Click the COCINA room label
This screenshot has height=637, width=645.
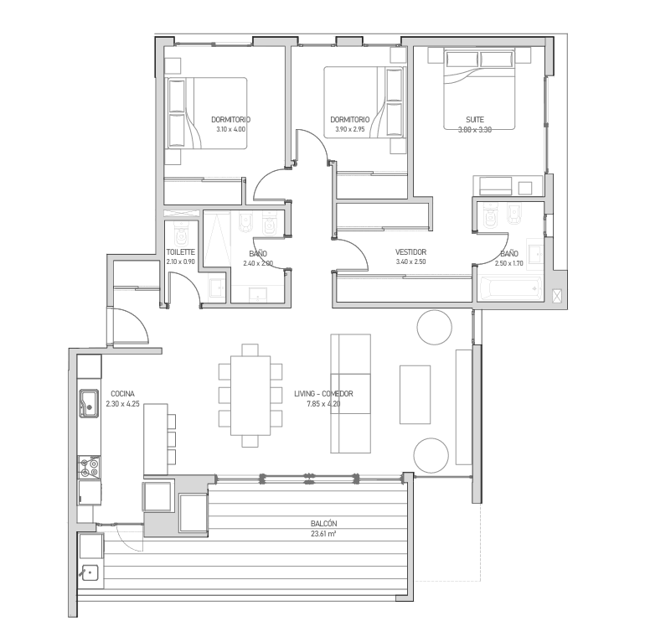[122, 394]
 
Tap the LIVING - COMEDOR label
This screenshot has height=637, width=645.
[323, 394]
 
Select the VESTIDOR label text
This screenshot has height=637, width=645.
[410, 251]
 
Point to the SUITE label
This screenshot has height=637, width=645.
[475, 120]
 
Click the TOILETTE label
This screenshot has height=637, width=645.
[181, 251]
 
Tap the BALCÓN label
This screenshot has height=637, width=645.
[323, 523]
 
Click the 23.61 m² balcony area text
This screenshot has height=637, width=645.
[323, 534]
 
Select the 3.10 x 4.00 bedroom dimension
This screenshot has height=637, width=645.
[230, 129]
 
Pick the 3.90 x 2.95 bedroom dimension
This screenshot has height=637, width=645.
[350, 129]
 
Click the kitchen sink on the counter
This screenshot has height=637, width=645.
[90, 403]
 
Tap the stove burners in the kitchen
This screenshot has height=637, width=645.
[90, 467]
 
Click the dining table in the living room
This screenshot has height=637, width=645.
[250, 396]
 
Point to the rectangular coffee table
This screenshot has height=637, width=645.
[415, 395]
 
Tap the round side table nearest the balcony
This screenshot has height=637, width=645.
[431, 456]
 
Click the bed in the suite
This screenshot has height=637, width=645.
[479, 89]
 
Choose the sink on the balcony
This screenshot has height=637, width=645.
[90, 572]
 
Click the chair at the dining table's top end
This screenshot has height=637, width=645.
[250, 350]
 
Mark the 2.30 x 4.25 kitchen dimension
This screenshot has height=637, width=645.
[122, 404]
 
